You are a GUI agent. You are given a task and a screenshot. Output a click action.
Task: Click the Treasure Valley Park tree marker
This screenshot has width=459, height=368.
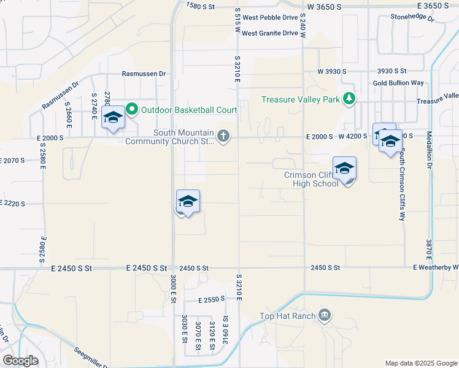tap(349, 99)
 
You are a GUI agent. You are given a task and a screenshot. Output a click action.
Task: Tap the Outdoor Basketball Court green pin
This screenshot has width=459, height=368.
tap(132, 110)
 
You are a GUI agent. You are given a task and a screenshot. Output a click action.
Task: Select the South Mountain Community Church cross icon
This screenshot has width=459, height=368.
tap(223, 136)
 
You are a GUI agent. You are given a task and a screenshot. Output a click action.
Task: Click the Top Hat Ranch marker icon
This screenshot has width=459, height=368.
tap(325, 316)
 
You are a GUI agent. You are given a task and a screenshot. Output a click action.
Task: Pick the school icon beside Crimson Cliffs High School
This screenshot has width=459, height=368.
tap(345, 169)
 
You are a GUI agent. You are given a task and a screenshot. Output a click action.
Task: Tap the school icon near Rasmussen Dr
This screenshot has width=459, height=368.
tap(113, 118)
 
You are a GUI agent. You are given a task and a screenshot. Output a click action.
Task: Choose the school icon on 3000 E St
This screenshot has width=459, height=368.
tap(188, 202)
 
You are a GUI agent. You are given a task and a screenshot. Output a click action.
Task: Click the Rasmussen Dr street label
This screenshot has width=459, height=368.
tap(144, 74)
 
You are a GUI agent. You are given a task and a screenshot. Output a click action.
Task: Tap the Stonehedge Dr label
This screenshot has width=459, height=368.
tap(412, 18)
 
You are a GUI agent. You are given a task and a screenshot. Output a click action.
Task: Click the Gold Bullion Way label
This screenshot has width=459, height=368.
tap(398, 83)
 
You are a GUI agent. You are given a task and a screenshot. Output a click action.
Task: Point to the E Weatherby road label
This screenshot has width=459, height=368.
tap(436, 267)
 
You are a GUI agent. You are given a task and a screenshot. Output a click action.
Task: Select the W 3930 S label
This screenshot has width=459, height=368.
tap(332, 72)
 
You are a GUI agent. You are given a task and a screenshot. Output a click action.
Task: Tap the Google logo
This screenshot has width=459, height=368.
tap(21, 361)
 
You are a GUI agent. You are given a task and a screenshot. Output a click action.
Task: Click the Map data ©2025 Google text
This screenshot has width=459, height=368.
tap(420, 363)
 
